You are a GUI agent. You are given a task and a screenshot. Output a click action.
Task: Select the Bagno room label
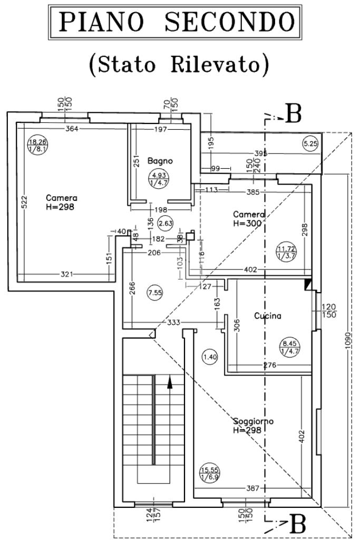click(160, 160)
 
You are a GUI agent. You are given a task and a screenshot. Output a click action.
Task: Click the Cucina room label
click(268, 316)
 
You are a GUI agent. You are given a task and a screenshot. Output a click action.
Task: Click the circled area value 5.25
click(311, 142)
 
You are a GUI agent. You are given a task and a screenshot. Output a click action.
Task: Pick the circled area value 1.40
click(209, 357)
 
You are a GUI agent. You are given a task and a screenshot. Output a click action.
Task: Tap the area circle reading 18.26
click(37, 145)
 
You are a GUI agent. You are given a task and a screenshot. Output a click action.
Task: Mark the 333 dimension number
click(173, 322)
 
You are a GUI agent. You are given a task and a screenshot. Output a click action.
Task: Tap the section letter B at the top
click(293, 114)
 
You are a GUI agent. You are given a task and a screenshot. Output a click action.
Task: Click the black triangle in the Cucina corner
click(308, 284)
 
